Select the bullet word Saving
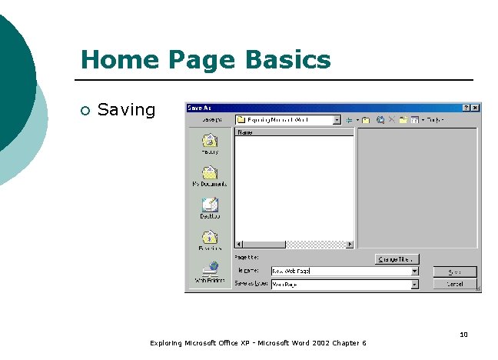[127, 110]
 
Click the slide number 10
[463, 334]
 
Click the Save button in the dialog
[454, 272]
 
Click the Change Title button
[397, 259]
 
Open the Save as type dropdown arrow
[414, 284]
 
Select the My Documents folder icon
[210, 173]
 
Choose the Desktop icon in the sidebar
[210, 205]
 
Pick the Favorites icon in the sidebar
[210, 238]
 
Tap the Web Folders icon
[210, 270]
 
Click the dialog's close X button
[476, 108]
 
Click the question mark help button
[466, 108]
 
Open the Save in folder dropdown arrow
[337, 120]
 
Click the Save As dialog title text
[199, 108]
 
